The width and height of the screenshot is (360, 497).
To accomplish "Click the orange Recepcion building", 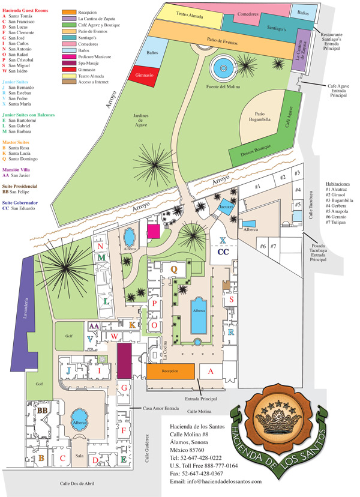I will click(x=171, y=372).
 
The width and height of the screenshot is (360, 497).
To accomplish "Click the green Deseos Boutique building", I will click(x=253, y=153).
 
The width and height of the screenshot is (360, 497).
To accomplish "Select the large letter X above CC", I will click(x=223, y=241).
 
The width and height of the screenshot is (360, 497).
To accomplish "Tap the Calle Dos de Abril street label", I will click(x=67, y=483).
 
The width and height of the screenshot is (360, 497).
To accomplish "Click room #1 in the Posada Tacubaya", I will click(x=259, y=187).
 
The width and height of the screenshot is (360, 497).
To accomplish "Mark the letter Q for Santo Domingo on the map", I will click(x=175, y=270).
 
